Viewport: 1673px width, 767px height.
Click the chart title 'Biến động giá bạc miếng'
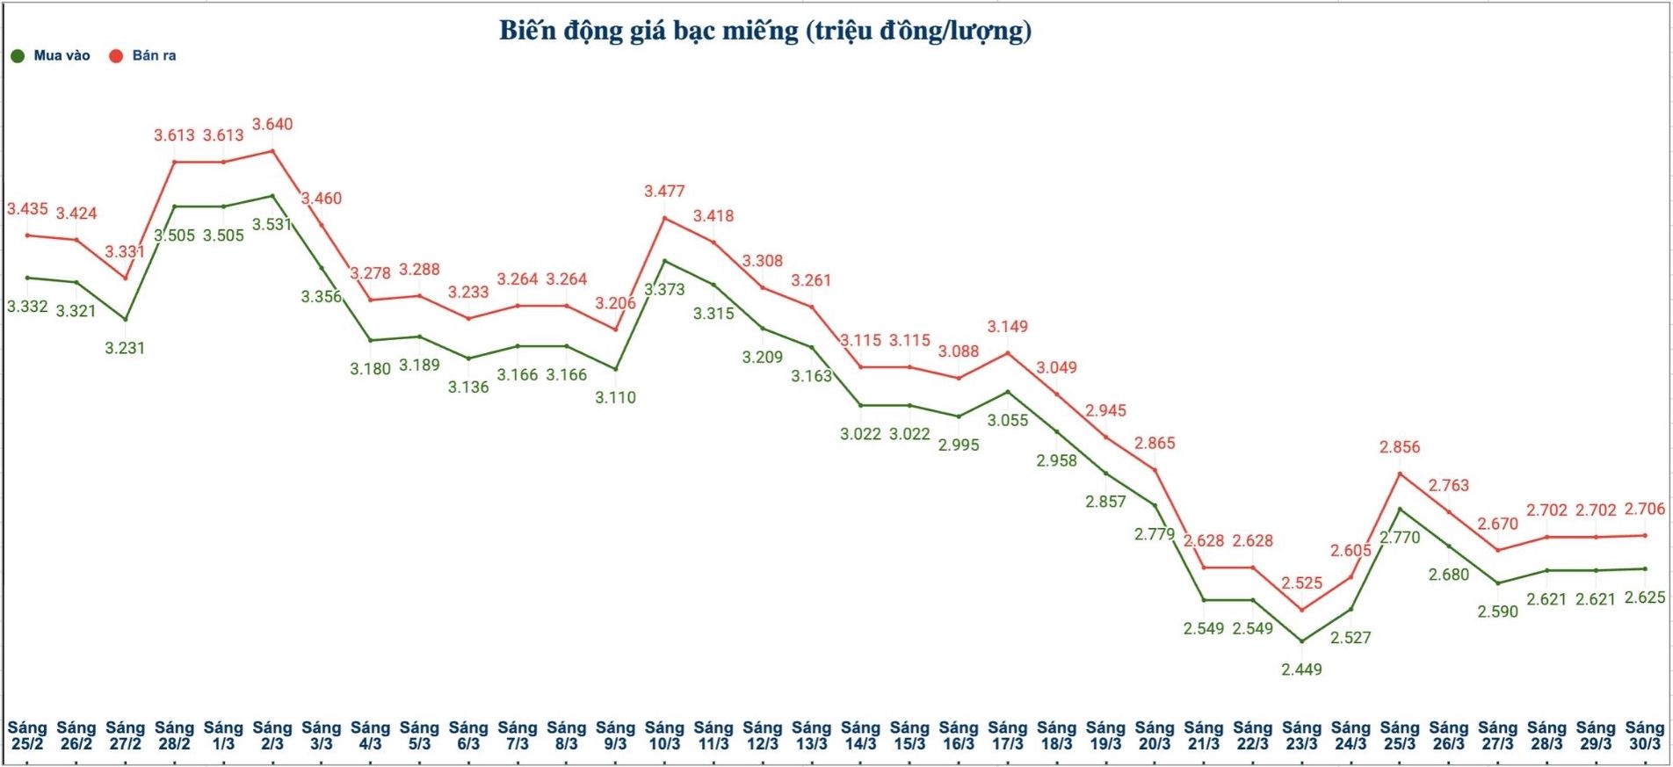coord(764,31)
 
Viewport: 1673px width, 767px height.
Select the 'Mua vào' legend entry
coord(61,55)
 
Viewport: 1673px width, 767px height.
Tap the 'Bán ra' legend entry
coord(153,55)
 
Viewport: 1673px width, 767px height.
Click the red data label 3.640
coord(272,125)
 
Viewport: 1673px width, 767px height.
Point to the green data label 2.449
coord(1301,669)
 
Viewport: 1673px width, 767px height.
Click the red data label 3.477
coord(664,192)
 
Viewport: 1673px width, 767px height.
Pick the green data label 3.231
coord(125,348)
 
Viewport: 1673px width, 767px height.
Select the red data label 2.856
coord(1400,447)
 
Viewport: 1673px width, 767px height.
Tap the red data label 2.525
coord(1301,583)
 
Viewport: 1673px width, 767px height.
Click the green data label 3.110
coord(615,398)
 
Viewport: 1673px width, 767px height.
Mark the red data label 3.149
coord(1007,327)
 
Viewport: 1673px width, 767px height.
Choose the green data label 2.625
coord(1645,597)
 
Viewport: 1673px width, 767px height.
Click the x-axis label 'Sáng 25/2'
coord(27,735)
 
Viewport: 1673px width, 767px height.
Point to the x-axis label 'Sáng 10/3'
coord(664,735)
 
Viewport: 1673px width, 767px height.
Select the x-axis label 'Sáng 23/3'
coord(1301,735)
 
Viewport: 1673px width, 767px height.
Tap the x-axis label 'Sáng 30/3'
coord(1645,735)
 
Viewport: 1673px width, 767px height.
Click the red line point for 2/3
coord(272,151)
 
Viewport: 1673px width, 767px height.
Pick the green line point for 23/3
coord(1301,641)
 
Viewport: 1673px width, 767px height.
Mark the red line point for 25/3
coord(1400,474)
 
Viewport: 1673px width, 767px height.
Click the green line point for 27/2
coord(125,320)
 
